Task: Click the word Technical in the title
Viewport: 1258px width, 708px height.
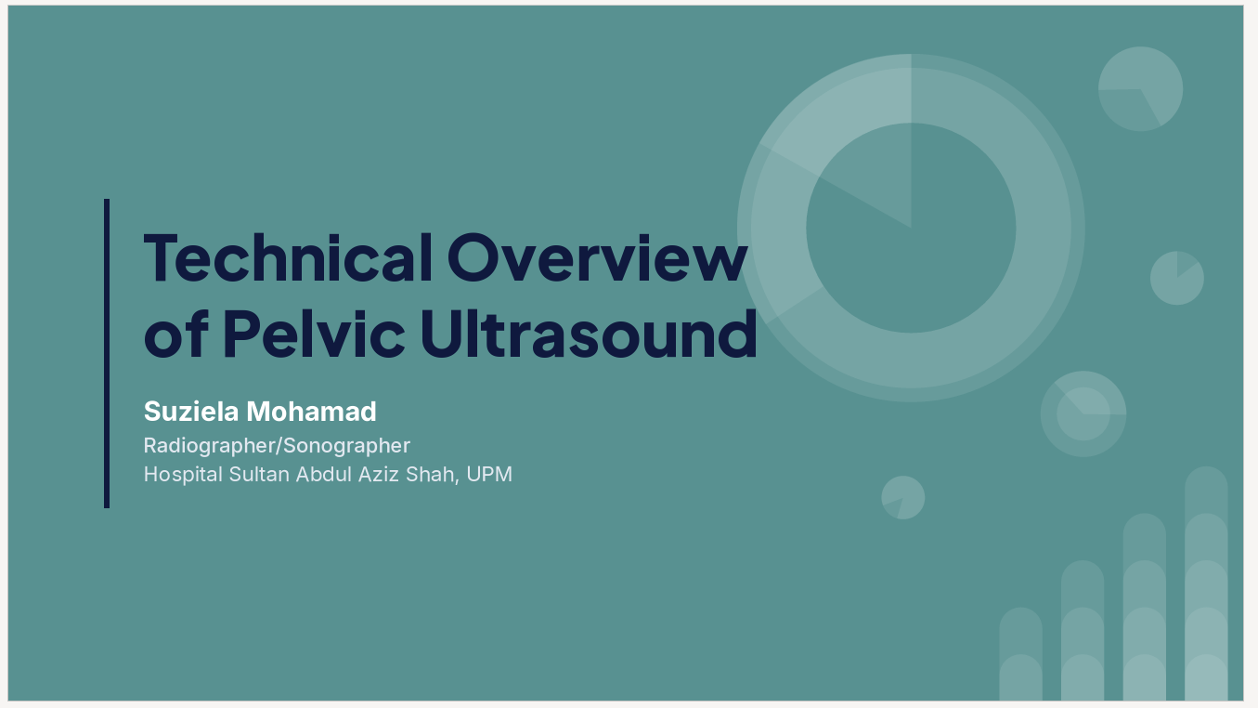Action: [x=288, y=257]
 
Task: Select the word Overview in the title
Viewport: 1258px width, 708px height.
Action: [x=597, y=257]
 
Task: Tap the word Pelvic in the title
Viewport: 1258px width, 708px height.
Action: [x=314, y=334]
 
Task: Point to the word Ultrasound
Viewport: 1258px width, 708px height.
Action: [x=589, y=334]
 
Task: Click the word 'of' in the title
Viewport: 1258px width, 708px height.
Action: [x=175, y=334]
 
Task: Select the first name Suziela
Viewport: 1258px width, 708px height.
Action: [x=191, y=412]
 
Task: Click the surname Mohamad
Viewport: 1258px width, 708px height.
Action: [x=311, y=412]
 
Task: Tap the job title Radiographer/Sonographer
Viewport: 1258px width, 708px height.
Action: [x=277, y=446]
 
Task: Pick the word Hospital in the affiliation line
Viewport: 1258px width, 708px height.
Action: [x=183, y=474]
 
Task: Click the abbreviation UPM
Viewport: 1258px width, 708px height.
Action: [x=489, y=474]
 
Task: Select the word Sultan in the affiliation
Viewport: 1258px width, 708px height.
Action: [x=259, y=474]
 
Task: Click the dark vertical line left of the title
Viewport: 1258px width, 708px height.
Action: [x=107, y=353]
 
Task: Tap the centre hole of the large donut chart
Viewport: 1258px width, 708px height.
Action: [x=911, y=229]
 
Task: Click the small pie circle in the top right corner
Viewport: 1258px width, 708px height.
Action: [x=1141, y=89]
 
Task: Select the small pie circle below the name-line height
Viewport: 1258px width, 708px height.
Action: [x=903, y=498]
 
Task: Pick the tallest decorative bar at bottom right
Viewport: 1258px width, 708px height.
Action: [x=1206, y=583]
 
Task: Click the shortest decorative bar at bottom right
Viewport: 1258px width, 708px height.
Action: [x=1021, y=653]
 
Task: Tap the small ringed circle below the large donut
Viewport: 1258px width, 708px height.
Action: [x=1083, y=414]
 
